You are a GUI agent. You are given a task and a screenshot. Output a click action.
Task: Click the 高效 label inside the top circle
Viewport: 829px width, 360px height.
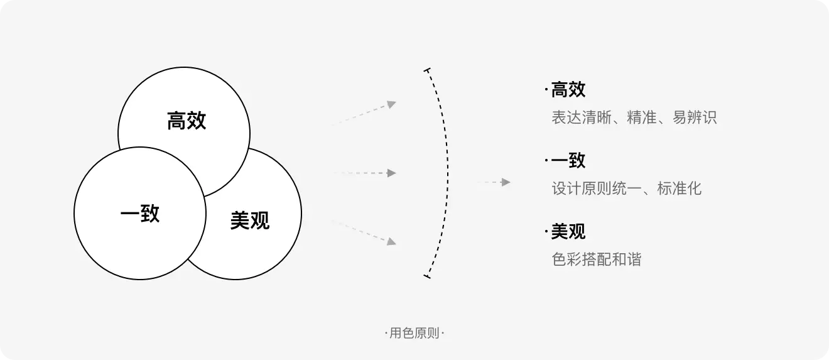pyautogui.click(x=187, y=121)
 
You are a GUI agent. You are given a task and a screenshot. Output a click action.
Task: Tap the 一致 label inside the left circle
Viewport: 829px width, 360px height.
pyautogui.click(x=140, y=213)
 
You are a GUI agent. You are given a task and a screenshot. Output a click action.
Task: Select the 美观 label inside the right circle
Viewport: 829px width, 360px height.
pyautogui.click(x=249, y=221)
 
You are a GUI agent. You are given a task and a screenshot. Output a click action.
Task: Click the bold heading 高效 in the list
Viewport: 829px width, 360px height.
pyautogui.click(x=568, y=90)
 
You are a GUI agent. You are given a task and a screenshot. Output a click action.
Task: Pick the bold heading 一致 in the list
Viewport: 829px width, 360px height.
pyautogui.click(x=568, y=161)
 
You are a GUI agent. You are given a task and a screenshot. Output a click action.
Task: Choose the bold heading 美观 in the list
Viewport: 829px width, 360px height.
pyautogui.click(x=568, y=232)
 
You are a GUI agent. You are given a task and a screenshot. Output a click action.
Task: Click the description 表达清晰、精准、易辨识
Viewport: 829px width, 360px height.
pyautogui.click(x=634, y=117)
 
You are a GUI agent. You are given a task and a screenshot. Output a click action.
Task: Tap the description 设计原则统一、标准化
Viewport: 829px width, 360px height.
pyautogui.click(x=627, y=188)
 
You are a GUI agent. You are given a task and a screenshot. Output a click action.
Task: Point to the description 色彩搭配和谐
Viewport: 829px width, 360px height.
pyautogui.click(x=597, y=259)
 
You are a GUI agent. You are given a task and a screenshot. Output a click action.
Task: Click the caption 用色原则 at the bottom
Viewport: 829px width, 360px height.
pyautogui.click(x=414, y=334)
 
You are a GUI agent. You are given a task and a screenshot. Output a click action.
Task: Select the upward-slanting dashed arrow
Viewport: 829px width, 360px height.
pyautogui.click(x=364, y=113)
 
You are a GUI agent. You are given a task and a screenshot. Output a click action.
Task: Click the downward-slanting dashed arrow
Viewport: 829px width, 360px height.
pyautogui.click(x=364, y=231)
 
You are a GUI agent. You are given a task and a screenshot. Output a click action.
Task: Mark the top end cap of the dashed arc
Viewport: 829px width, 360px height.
pyautogui.click(x=428, y=70)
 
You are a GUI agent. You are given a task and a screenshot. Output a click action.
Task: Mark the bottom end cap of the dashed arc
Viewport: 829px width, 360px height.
pyautogui.click(x=428, y=275)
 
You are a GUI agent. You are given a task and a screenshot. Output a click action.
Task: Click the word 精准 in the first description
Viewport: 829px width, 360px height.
pyautogui.click(x=642, y=117)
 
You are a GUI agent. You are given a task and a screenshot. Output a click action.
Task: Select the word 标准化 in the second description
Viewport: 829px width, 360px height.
pyautogui.click(x=680, y=188)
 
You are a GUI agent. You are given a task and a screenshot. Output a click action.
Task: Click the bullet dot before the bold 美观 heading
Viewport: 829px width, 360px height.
pyautogui.click(x=546, y=232)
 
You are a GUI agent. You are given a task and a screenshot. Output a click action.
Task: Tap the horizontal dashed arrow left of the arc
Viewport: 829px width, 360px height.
pyautogui.click(x=364, y=173)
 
